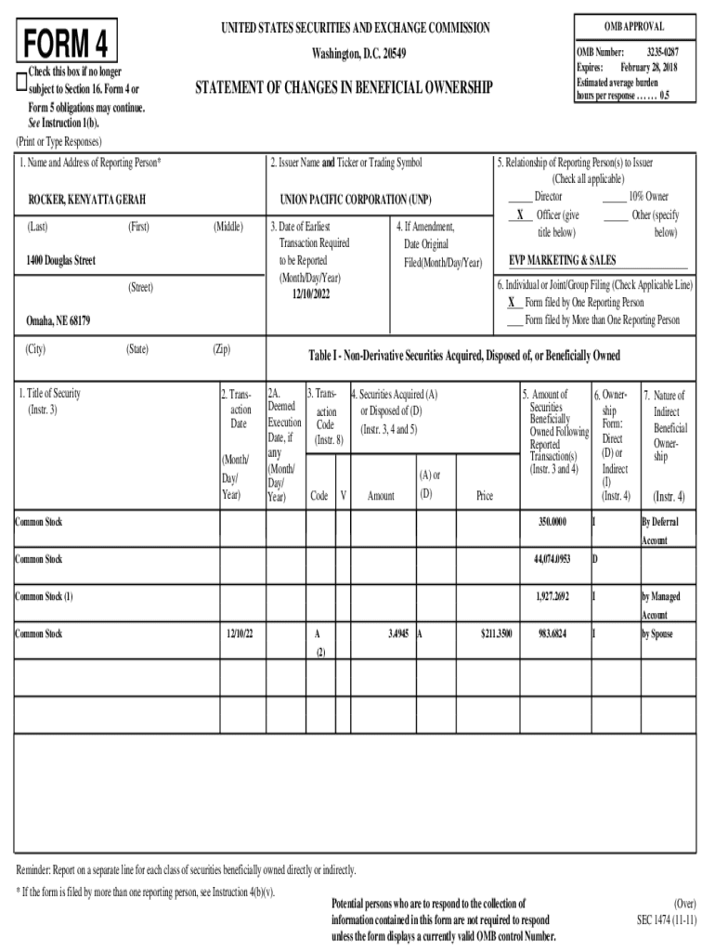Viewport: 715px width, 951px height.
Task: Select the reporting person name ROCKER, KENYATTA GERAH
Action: click(87, 199)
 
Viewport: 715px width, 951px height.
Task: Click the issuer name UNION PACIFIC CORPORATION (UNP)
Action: click(356, 199)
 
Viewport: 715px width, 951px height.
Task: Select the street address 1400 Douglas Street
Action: click(61, 261)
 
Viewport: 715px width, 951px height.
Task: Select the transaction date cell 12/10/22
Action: click(242, 633)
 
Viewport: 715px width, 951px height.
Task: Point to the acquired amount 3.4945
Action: click(398, 633)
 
